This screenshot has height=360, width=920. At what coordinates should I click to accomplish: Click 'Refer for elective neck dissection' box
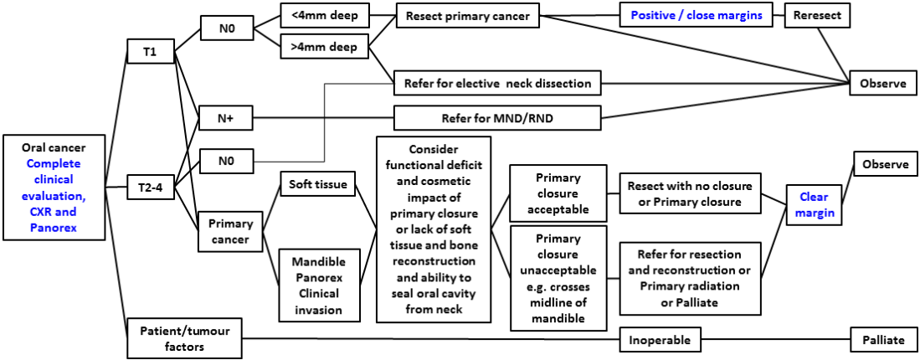click(498, 83)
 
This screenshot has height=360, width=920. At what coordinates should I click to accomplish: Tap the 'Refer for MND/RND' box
click(498, 119)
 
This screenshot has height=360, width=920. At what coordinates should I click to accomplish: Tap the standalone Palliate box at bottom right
click(884, 340)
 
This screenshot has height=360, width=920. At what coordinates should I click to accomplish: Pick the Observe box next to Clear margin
click(884, 164)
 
